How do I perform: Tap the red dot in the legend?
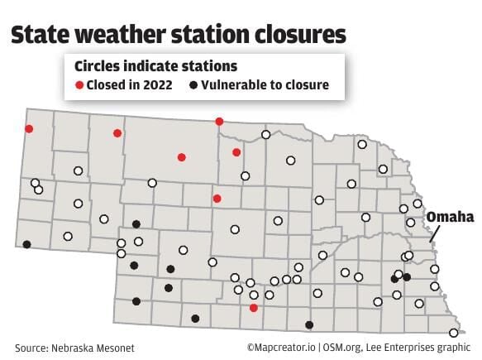click(x=80, y=85)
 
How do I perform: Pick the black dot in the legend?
click(x=193, y=85)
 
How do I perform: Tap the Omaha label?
click(x=450, y=217)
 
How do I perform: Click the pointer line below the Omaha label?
click(x=437, y=234)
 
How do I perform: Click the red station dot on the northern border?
click(x=219, y=122)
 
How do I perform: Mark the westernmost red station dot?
click(x=29, y=128)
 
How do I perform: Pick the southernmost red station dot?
click(x=254, y=307)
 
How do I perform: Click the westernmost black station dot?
click(x=26, y=244)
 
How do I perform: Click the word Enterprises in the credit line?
click(x=413, y=348)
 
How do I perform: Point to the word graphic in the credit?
click(x=460, y=348)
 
